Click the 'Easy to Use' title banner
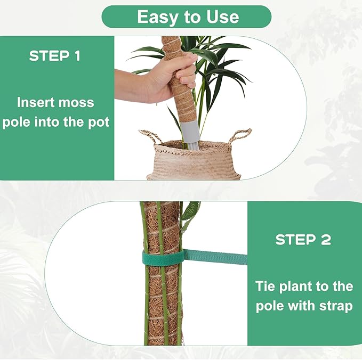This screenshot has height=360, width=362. [186, 17]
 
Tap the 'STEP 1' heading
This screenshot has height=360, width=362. [55, 56]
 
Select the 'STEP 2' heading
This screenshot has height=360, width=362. [302, 240]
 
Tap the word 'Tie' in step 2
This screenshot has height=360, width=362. [264, 286]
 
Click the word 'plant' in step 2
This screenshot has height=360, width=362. [295, 286]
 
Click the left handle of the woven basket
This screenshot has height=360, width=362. [150, 136]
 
